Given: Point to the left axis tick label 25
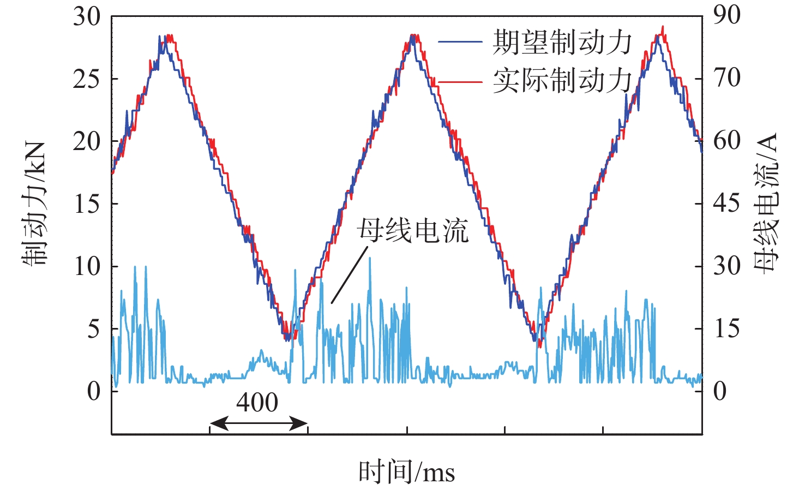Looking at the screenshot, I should click(87, 79).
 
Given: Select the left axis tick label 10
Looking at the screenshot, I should click(87, 266).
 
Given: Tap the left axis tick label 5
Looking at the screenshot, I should click(94, 329).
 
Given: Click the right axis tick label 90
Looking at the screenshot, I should click(727, 15).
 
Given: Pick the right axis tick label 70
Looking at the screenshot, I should click(727, 78).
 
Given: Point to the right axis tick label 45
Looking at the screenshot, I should click(727, 204).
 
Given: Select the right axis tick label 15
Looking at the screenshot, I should click(727, 329).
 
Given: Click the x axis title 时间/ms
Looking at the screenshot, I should click(406, 472).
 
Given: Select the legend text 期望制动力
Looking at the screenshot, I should click(562, 43).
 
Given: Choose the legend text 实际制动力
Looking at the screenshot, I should click(562, 81).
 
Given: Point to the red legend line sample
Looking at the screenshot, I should click(460, 82).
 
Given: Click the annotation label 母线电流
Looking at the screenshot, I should click(413, 231).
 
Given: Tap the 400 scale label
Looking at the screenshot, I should click(257, 403).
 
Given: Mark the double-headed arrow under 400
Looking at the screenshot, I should click(259, 423).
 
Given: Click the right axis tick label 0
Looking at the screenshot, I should click(720, 391).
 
